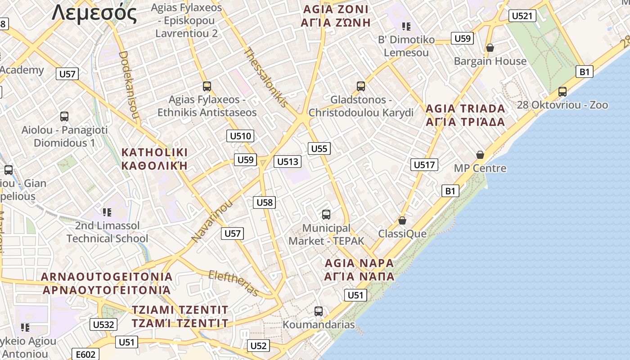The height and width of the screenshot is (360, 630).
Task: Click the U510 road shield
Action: tap(241, 136)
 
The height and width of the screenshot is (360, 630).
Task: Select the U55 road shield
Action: tap(319, 148)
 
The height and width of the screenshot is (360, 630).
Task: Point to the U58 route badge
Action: tap(265, 202)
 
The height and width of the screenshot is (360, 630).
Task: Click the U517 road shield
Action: tap(424, 165)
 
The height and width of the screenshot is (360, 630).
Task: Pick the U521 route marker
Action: tap(522, 16)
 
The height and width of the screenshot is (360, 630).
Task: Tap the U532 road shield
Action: tap(104, 324)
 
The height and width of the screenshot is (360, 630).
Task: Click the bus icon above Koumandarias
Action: tap(319, 311)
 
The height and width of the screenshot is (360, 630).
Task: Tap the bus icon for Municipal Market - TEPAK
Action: tap(326, 215)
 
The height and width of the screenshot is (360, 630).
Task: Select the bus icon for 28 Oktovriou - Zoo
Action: tap(562, 92)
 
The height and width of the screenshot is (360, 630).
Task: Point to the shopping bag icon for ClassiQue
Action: tap(402, 220)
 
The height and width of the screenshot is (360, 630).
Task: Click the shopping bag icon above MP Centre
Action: tap(480, 155)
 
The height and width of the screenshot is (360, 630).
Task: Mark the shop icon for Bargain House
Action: tap(490, 48)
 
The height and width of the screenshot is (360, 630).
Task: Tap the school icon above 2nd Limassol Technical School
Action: tap(107, 212)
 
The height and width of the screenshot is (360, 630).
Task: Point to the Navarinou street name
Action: tap(212, 220)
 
